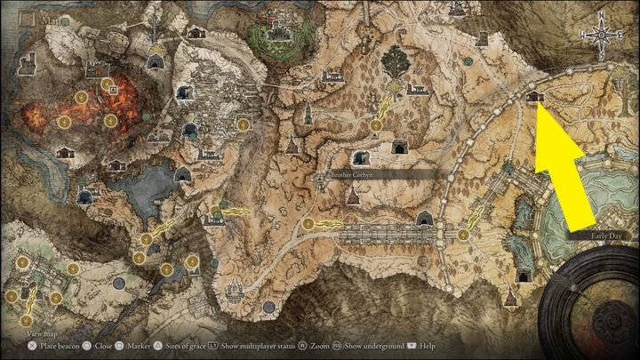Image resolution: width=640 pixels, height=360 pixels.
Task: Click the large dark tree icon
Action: click(x=394, y=62)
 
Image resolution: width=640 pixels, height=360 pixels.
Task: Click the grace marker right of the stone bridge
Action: click(x=464, y=235)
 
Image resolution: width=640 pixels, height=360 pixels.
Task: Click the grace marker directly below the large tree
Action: click(x=375, y=124)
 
